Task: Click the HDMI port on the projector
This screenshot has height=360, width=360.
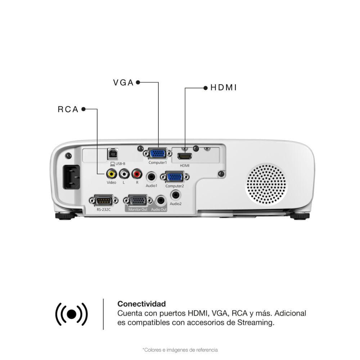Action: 184,157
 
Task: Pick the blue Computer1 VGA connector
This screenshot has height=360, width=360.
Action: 157,154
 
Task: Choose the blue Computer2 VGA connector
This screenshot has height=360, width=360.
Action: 174,177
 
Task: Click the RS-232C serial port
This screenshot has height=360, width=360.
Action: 103,200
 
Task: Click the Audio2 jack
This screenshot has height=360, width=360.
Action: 176,195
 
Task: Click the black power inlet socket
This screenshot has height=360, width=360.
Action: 72,177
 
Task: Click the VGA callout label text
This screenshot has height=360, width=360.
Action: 123,82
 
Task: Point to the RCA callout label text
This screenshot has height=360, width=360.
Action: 68,109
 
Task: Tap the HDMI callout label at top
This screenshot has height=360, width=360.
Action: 224,87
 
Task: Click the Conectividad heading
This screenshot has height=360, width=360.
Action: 142,304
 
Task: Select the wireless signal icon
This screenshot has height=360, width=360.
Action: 71,314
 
